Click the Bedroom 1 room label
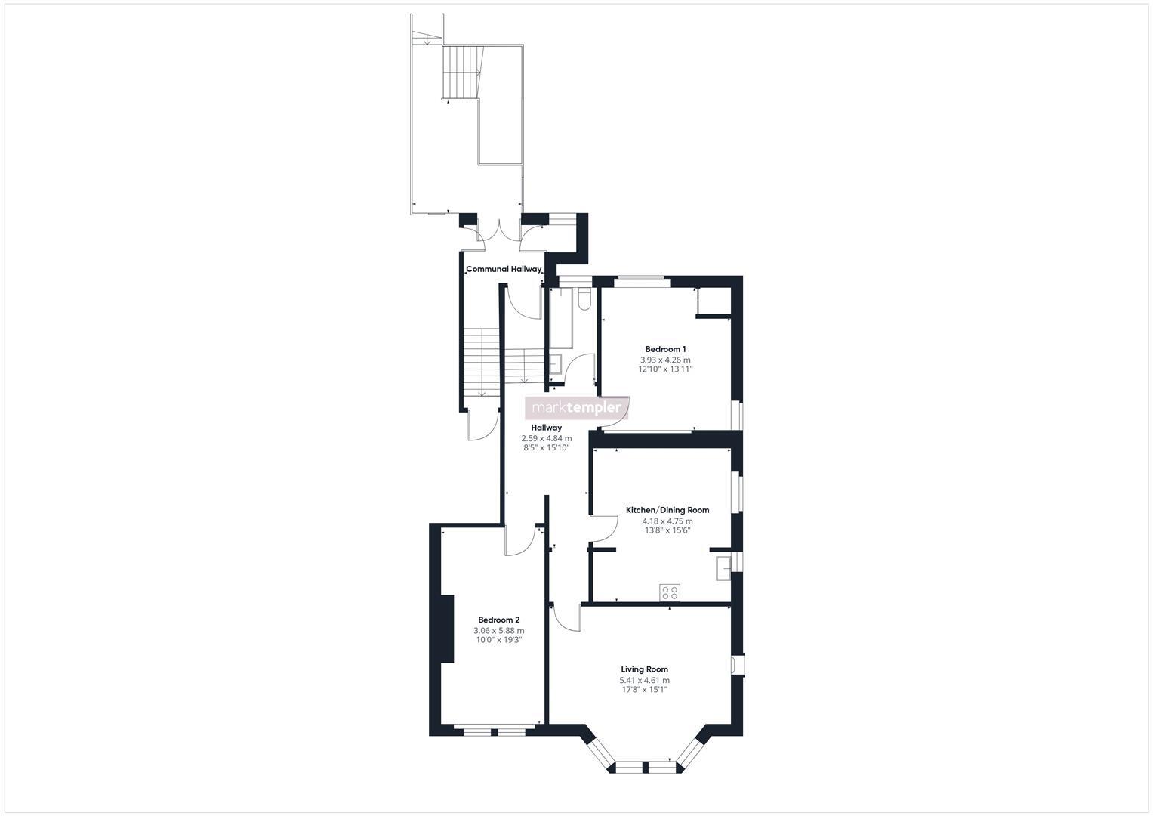pyautogui.click(x=665, y=349)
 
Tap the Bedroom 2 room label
pyautogui.click(x=498, y=620)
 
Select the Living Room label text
pyautogui.click(x=644, y=669)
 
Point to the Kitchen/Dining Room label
pyautogui.click(x=667, y=510)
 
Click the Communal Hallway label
pyautogui.click(x=503, y=269)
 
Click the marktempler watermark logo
pyautogui.click(x=577, y=408)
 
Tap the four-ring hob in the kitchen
pyautogui.click(x=669, y=592)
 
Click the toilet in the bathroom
pyautogui.click(x=584, y=300)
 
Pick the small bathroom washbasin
pyautogui.click(x=555, y=365)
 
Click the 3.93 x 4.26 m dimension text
pyautogui.click(x=665, y=360)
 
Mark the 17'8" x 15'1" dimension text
pyautogui.click(x=644, y=689)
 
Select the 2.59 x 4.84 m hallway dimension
pyautogui.click(x=546, y=438)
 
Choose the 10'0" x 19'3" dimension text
pyautogui.click(x=498, y=640)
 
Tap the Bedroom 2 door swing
pyautogui.click(x=519, y=541)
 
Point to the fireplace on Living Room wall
pyautogui.click(x=736, y=664)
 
